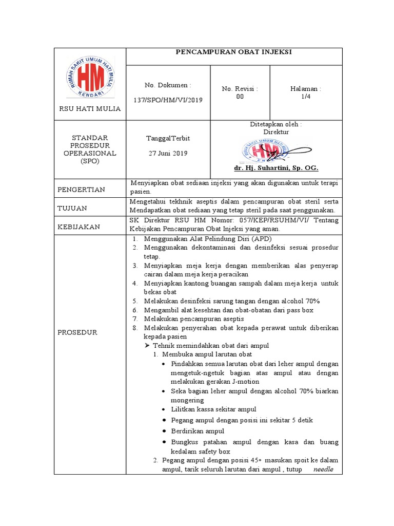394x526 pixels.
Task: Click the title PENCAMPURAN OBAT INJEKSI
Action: (x=233, y=52)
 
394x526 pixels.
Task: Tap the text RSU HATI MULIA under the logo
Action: (x=90, y=108)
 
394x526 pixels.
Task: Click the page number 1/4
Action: (x=306, y=96)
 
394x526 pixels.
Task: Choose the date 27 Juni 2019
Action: (x=168, y=153)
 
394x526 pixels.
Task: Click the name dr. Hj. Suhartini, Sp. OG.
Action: (x=276, y=168)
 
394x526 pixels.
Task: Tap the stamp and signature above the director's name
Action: (x=265, y=151)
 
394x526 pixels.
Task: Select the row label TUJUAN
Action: (x=72, y=208)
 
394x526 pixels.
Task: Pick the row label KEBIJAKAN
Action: (x=78, y=227)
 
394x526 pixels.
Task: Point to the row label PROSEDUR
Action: (x=77, y=332)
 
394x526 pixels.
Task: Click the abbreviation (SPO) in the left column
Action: (x=90, y=161)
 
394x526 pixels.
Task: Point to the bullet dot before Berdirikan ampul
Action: (x=163, y=431)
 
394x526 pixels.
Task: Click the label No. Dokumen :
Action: (x=168, y=85)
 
